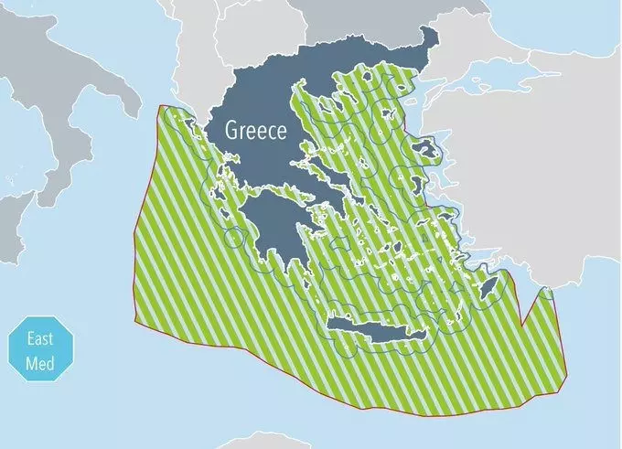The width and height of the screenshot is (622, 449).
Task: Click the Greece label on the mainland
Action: [257, 130]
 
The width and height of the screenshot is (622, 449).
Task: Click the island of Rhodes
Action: [489, 291]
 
